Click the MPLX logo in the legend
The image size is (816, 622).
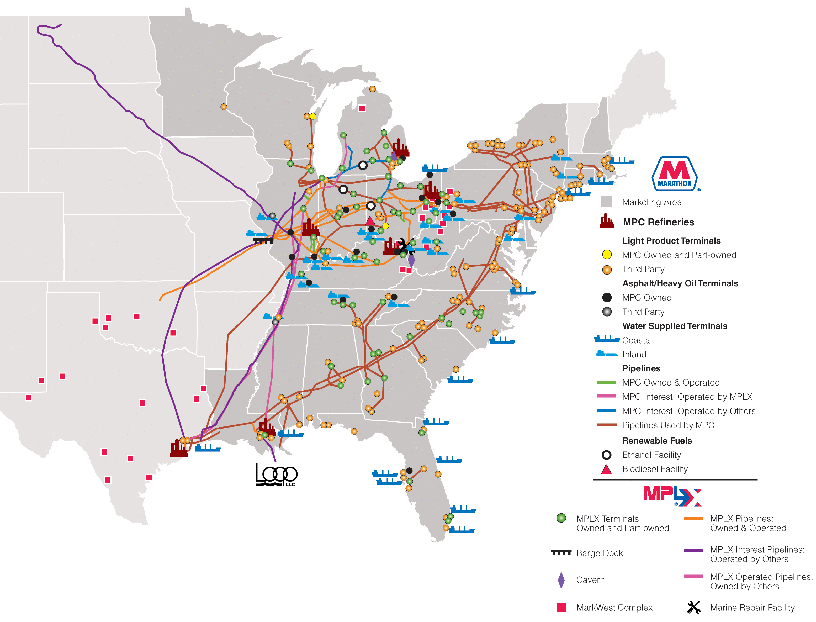coord(672,496)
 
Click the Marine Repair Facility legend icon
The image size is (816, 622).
coord(693,607)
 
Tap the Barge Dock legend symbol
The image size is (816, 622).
coord(561,553)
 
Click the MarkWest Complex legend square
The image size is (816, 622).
coord(561,607)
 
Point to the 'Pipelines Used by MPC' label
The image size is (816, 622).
coord(668,425)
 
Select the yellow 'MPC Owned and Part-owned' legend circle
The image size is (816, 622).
coord(607,255)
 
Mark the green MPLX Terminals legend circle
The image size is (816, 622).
coord(561,518)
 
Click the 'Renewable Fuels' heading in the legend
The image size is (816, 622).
coord(657,441)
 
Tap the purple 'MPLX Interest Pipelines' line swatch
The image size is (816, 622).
coord(693,550)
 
